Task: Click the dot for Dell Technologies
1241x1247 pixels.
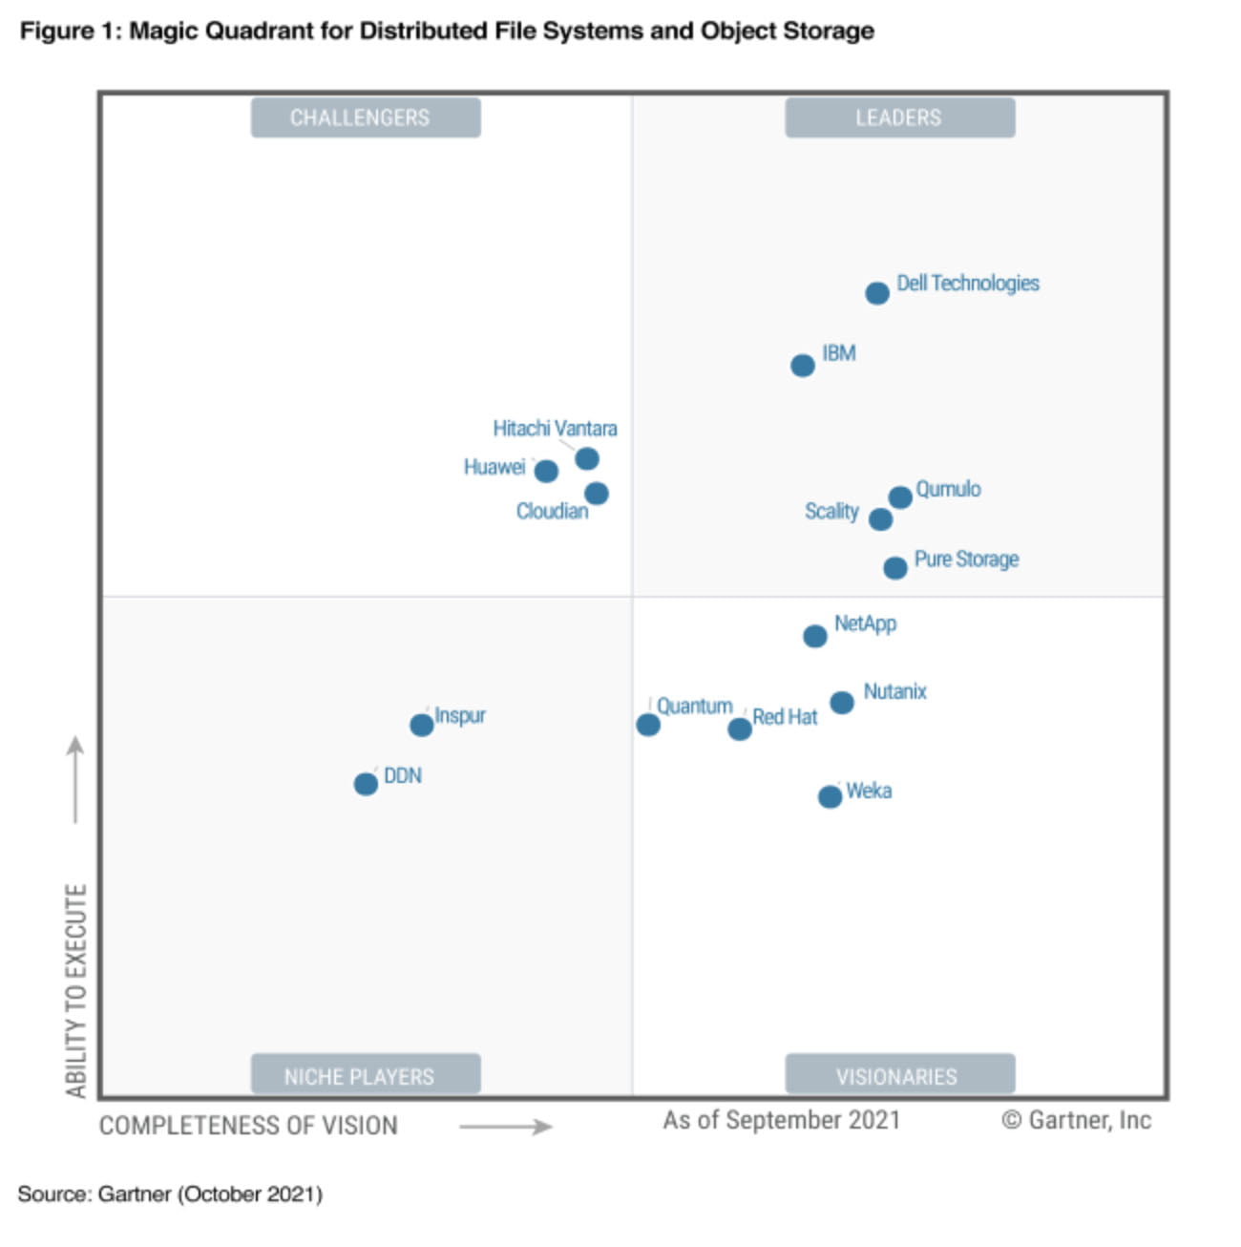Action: (x=876, y=293)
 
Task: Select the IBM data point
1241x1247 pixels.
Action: (x=802, y=366)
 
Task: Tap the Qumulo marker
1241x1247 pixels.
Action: (x=899, y=497)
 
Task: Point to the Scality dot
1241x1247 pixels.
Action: (x=880, y=519)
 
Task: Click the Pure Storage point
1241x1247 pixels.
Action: (x=894, y=568)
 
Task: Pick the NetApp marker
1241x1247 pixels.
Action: (x=814, y=636)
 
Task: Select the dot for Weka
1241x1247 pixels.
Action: (x=830, y=796)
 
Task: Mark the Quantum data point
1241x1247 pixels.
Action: (x=647, y=725)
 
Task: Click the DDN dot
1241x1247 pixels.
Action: (x=365, y=784)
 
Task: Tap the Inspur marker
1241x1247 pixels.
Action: (x=421, y=725)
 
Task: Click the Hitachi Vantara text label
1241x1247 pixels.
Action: (x=555, y=429)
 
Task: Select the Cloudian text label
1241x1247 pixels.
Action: (x=552, y=512)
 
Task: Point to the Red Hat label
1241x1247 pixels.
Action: (x=785, y=717)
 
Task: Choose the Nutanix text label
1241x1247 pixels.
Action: (x=894, y=691)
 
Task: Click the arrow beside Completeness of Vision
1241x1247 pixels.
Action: (x=505, y=1127)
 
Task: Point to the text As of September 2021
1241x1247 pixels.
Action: (x=781, y=1120)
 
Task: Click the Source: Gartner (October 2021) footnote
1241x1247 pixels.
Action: (x=170, y=1194)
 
